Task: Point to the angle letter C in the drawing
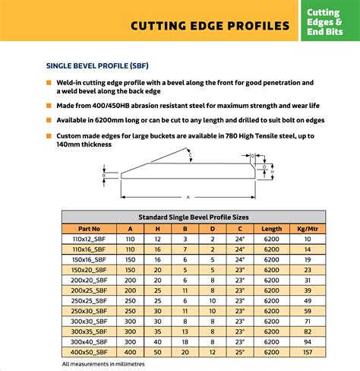point(191,156)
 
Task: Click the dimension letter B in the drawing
point(103,174)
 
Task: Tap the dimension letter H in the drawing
point(272,172)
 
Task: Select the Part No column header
point(90,228)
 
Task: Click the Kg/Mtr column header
point(307,228)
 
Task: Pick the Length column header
point(271,228)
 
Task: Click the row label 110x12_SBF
point(90,239)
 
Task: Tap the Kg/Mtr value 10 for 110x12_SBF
point(307,239)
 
